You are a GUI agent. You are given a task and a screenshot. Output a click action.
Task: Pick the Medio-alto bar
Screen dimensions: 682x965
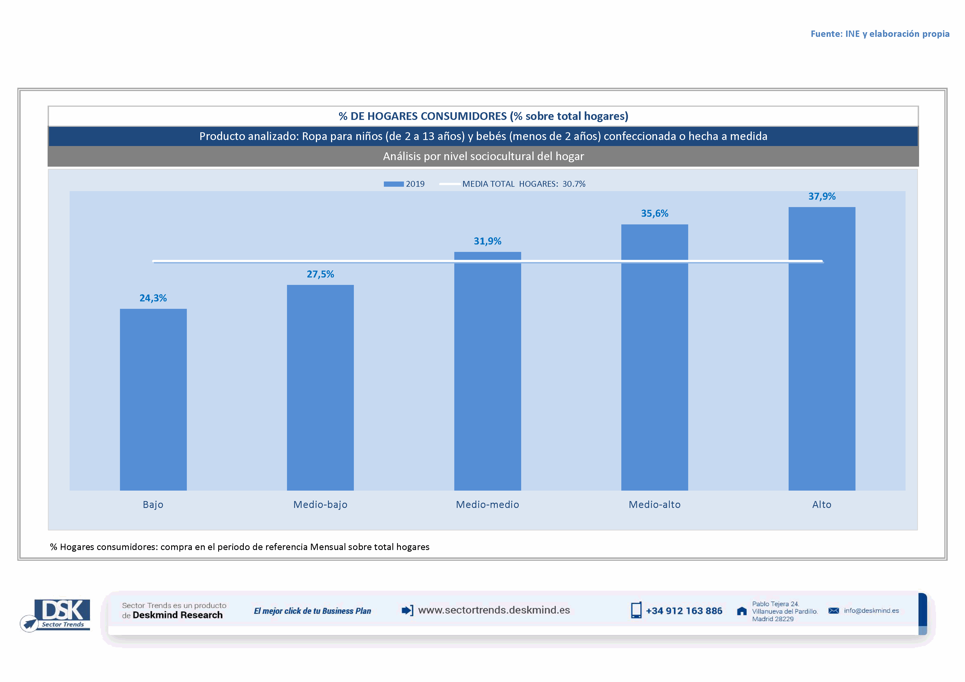pyautogui.click(x=654, y=357)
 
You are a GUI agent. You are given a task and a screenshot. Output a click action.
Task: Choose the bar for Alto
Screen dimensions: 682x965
pyautogui.click(x=822, y=348)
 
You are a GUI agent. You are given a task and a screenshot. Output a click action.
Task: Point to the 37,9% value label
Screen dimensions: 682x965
pyautogui.click(x=822, y=197)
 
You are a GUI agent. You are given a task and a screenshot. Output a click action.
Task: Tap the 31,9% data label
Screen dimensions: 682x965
pyautogui.click(x=488, y=241)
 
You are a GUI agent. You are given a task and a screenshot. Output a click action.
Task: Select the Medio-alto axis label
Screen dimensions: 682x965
pyautogui.click(x=654, y=504)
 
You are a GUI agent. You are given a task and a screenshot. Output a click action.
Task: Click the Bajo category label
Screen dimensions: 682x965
pyautogui.click(x=153, y=504)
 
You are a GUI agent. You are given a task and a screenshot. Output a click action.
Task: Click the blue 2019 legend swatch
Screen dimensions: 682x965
pyautogui.click(x=393, y=184)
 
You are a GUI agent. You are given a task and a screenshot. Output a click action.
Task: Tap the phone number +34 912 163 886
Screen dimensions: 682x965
pyautogui.click(x=684, y=610)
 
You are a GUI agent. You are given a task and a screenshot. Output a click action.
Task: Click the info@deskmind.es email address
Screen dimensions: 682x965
pyautogui.click(x=871, y=610)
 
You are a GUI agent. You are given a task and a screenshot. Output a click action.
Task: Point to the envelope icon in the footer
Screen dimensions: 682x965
pyautogui.click(x=833, y=610)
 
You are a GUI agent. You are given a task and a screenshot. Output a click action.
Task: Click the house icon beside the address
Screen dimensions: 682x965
pyautogui.click(x=742, y=611)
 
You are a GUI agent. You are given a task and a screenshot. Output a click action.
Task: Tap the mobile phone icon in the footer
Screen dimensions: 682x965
pyautogui.click(x=636, y=610)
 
